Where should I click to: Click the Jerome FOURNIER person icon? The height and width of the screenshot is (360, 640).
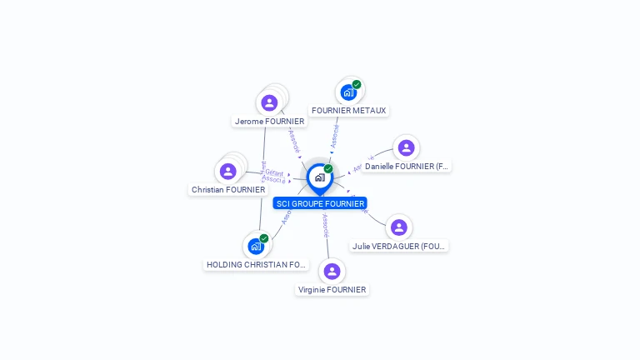click(x=269, y=103)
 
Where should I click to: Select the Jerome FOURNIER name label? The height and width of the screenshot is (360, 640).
click(x=270, y=121)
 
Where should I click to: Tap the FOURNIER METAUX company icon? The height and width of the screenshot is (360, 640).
click(x=348, y=92)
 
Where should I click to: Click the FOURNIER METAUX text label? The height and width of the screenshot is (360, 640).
click(x=348, y=110)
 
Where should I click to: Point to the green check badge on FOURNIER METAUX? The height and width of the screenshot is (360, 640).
click(x=357, y=84)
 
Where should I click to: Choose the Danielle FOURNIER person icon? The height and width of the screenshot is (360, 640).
click(x=406, y=148)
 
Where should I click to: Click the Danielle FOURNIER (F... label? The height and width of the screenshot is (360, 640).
click(x=407, y=166)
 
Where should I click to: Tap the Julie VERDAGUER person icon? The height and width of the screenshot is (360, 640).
click(x=399, y=227)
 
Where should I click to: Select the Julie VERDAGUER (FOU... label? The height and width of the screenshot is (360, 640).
click(x=399, y=246)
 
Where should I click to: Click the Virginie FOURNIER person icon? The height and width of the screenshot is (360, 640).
click(x=332, y=272)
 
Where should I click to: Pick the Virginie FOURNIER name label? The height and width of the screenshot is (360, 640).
click(x=332, y=289)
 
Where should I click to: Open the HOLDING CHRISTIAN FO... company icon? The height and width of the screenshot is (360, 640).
click(x=255, y=247)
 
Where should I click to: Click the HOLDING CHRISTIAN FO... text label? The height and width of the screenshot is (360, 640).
click(x=257, y=264)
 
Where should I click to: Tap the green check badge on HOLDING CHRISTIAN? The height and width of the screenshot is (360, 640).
click(x=264, y=238)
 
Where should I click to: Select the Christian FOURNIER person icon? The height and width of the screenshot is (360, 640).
click(x=228, y=172)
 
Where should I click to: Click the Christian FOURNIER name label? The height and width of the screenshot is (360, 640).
click(x=228, y=189)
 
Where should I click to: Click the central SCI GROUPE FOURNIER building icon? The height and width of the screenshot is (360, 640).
click(x=319, y=177)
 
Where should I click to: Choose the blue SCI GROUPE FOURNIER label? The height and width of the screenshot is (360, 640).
click(x=320, y=202)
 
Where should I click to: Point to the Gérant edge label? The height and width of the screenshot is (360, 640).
click(x=274, y=172)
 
